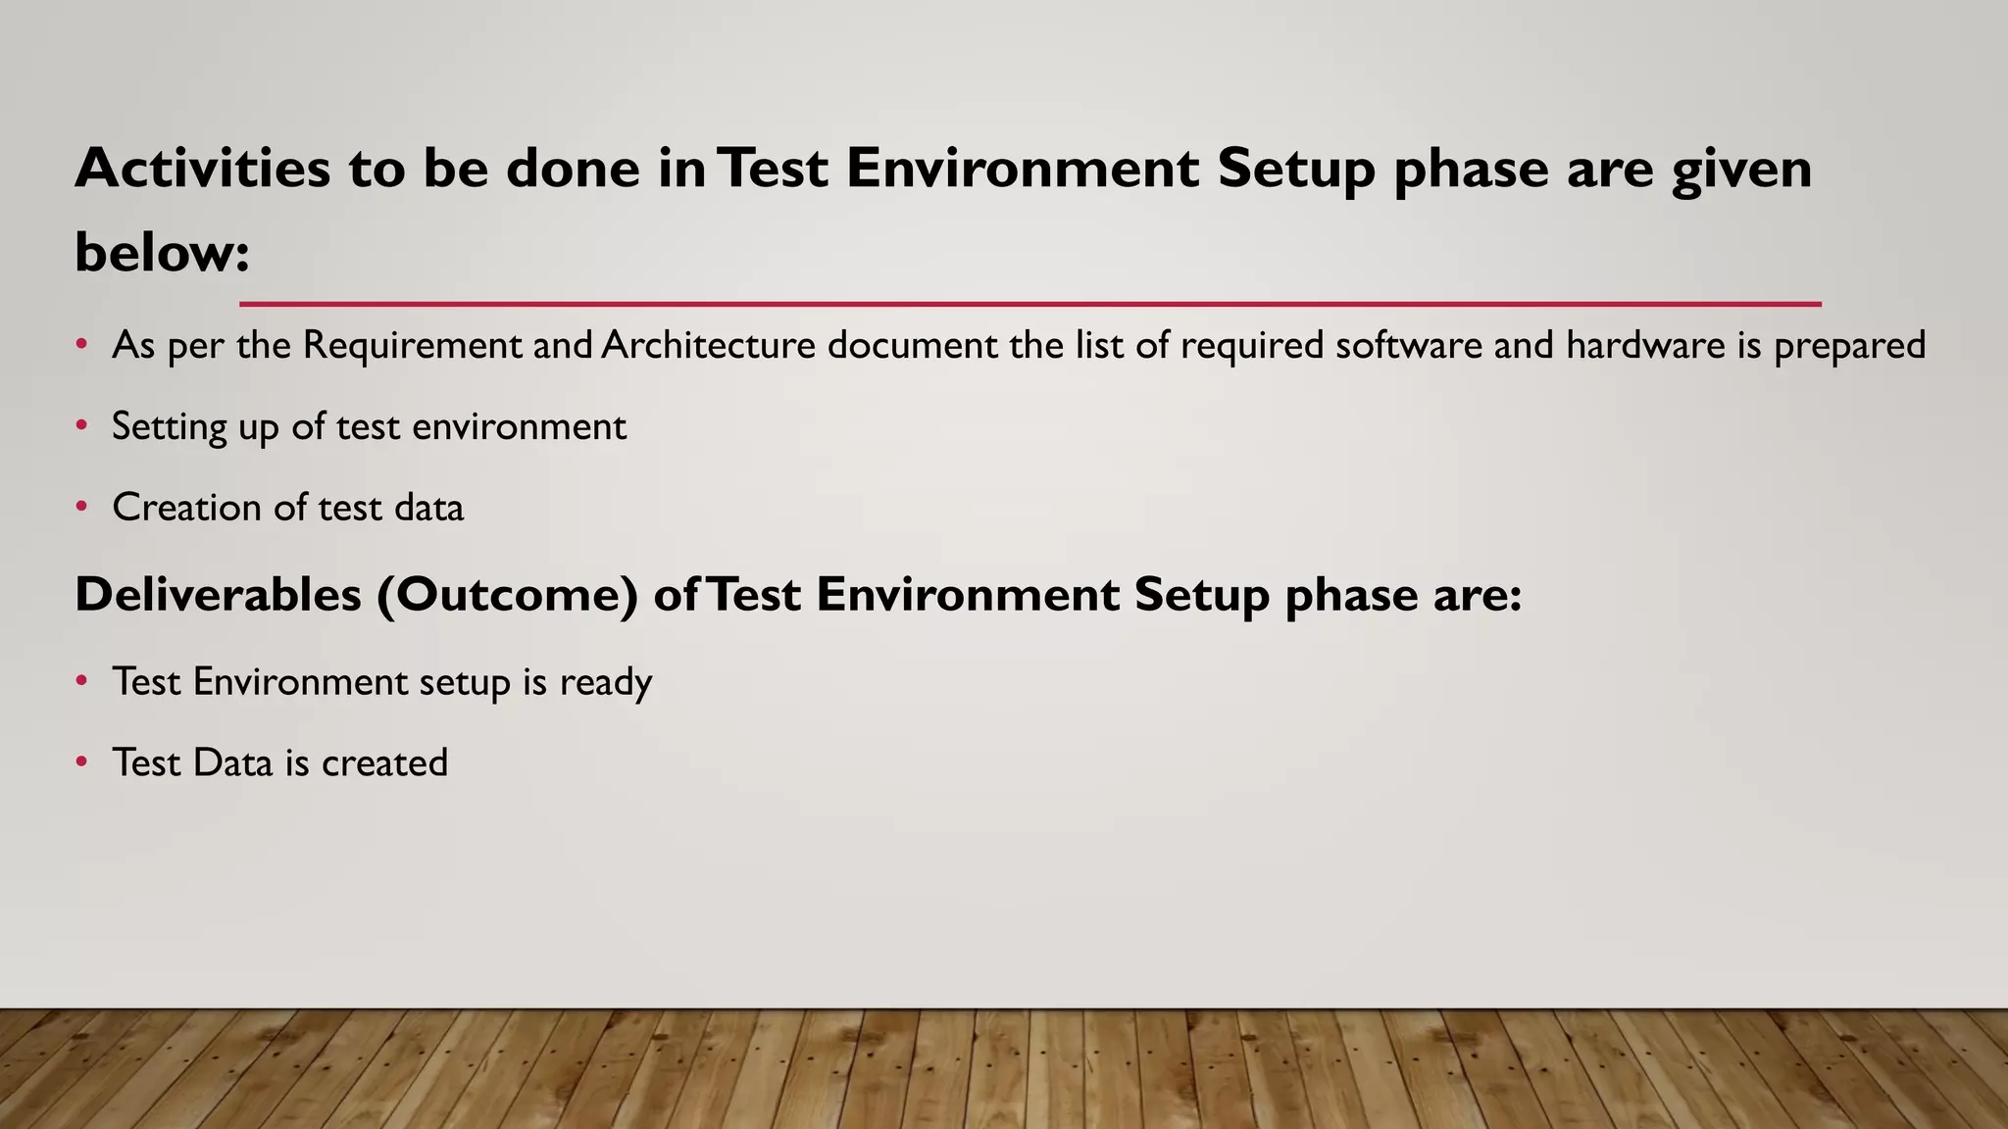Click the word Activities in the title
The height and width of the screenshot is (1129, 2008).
pos(202,168)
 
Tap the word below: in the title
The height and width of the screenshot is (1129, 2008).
pos(162,252)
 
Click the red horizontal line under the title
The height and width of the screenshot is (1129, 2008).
pos(1029,304)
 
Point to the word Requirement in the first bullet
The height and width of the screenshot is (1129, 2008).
pos(412,345)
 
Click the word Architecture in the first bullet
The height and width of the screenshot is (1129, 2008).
pos(708,345)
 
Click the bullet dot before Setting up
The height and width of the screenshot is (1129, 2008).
pos(82,426)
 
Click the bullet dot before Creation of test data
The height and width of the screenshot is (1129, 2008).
pos(82,508)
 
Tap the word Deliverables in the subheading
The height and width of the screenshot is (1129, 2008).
pos(218,594)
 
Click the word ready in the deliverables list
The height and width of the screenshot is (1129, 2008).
pos(605,683)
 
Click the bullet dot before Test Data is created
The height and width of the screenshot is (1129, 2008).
pos(82,762)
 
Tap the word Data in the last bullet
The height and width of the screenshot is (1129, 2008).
pos(232,762)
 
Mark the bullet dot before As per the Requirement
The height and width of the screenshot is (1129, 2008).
pos(82,345)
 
